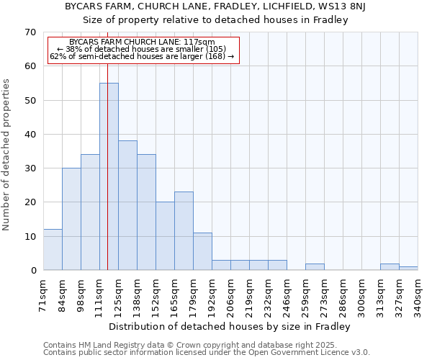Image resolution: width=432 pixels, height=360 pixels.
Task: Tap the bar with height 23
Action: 184,231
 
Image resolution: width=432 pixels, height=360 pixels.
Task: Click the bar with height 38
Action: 127,205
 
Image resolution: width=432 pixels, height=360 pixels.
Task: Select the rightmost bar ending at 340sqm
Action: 408,269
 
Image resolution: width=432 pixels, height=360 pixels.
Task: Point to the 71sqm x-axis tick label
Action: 43,295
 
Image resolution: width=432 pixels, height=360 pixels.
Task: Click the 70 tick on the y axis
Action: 30,32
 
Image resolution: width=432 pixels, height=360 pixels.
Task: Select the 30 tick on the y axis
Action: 30,168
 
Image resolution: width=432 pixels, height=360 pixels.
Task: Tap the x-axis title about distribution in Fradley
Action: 230,326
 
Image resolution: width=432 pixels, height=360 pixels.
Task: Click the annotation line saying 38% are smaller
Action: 142,49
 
